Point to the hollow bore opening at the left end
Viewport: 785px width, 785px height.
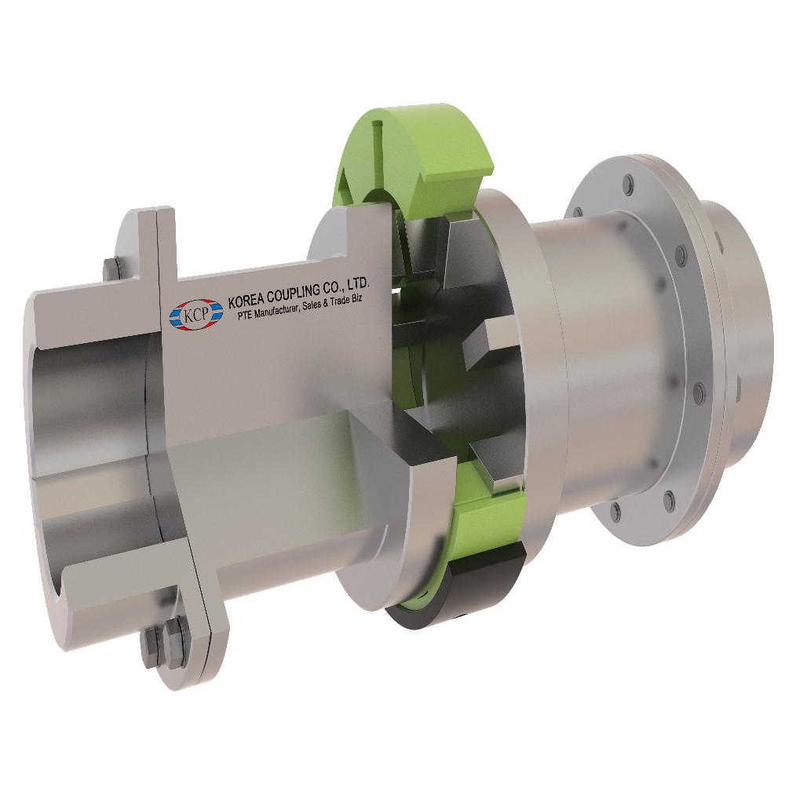tap(86, 440)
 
